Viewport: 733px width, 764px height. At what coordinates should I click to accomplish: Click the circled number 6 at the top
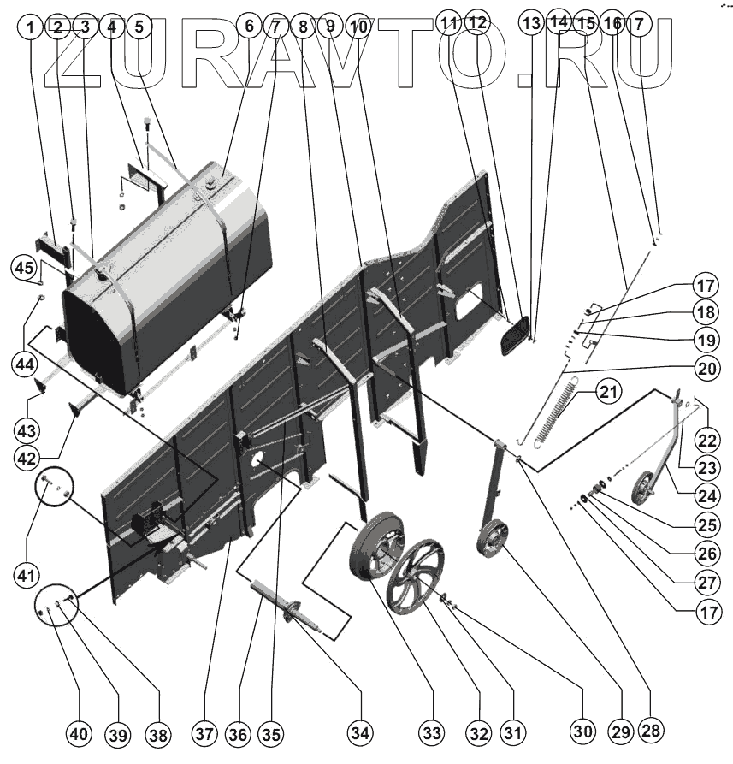pos(249,26)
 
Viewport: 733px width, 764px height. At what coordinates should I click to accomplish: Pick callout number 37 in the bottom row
pos(203,733)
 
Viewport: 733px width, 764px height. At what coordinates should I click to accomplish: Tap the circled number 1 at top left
pos(31,26)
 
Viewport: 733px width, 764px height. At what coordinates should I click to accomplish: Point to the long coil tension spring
pos(556,411)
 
